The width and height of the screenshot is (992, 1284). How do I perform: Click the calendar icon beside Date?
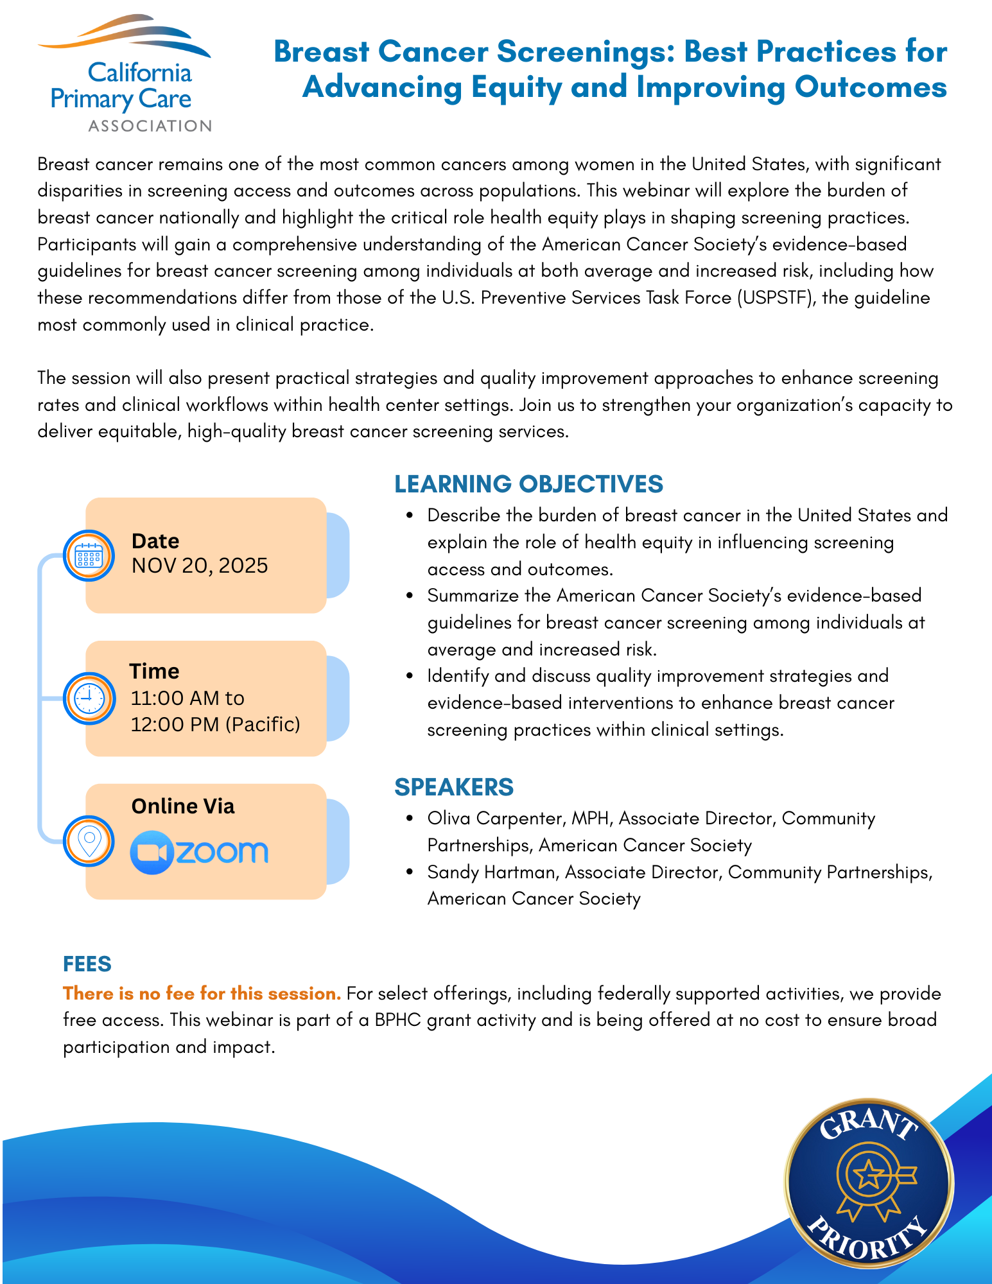tap(89, 556)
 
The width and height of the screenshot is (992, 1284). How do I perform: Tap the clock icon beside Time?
tap(89, 698)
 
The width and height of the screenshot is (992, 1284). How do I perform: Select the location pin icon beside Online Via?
tap(89, 841)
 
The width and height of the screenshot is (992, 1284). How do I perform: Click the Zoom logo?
tap(199, 853)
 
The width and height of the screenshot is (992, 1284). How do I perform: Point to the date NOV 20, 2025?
tap(200, 566)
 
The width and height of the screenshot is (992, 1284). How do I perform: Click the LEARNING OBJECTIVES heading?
tap(528, 484)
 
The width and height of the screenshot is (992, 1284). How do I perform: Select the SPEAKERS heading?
tap(454, 787)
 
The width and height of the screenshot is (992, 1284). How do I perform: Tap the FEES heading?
tap(87, 964)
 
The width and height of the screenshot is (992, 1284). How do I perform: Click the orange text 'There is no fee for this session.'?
tap(202, 994)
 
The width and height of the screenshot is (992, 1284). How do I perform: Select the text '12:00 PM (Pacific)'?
tap(216, 724)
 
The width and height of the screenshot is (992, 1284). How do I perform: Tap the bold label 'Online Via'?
tap(183, 806)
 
